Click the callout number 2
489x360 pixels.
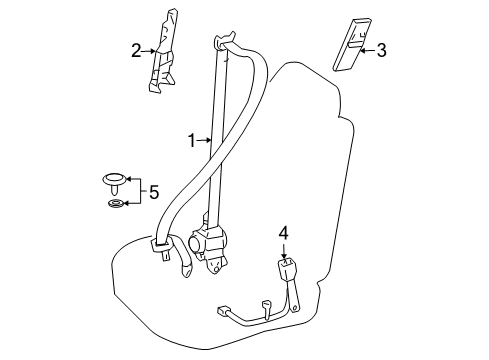(136, 49)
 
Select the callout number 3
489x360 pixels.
(381, 49)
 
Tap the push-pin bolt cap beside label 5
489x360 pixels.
(114, 181)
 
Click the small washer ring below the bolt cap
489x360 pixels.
(115, 206)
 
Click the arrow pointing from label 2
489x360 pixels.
(149, 49)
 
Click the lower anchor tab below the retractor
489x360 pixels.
(215, 266)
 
